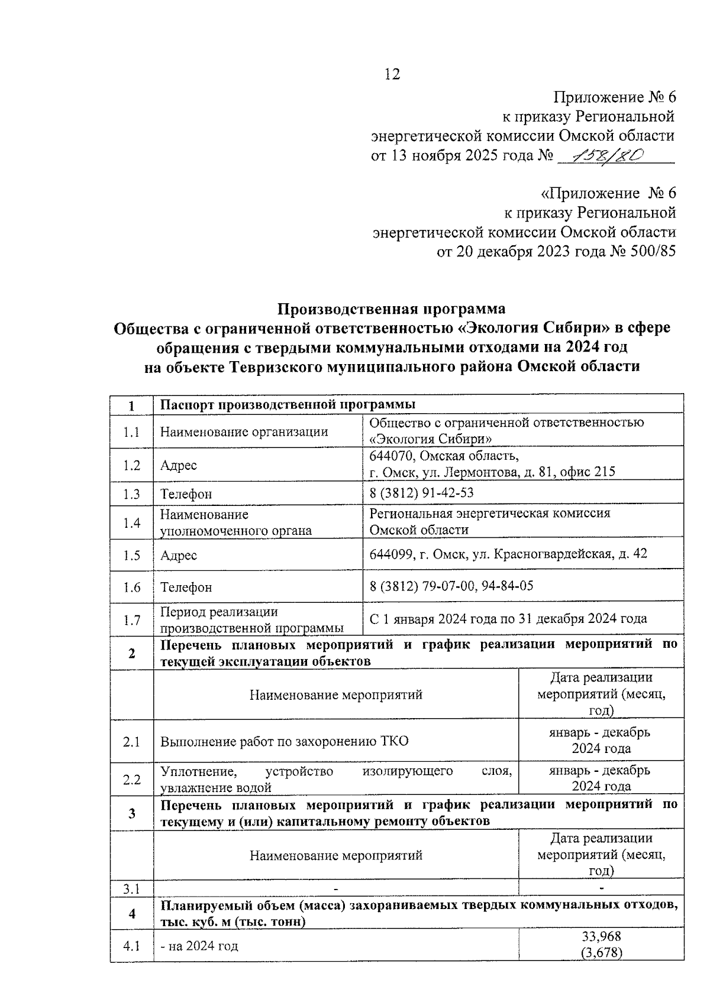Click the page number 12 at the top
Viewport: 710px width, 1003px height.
(x=392, y=74)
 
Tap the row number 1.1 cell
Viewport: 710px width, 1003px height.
(x=131, y=432)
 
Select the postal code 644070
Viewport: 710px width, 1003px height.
(x=391, y=456)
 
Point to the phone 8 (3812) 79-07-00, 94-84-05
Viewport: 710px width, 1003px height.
(x=451, y=586)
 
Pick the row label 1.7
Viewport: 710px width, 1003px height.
(x=131, y=620)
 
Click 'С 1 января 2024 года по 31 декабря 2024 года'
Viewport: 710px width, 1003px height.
(x=508, y=619)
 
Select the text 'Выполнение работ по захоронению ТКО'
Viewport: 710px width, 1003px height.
(x=284, y=741)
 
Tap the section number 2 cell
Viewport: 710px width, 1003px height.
(x=131, y=653)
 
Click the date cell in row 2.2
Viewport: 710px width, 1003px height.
(x=601, y=778)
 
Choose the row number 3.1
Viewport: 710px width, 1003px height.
(x=131, y=888)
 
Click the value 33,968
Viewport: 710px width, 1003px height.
(x=601, y=937)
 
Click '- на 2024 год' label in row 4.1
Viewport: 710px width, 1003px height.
(x=199, y=946)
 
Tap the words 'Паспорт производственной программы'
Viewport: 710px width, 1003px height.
(x=288, y=404)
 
